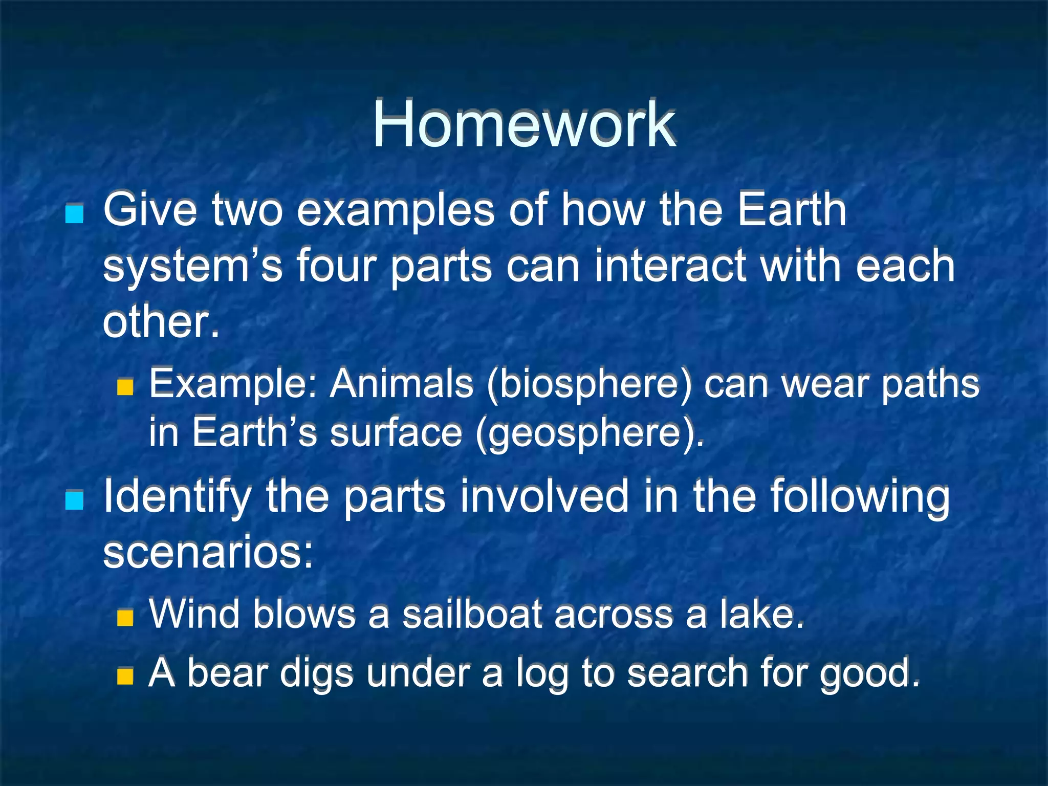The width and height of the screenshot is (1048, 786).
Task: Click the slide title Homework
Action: pyautogui.click(x=524, y=124)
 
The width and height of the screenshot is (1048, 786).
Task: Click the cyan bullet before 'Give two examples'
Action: pyautogui.click(x=75, y=213)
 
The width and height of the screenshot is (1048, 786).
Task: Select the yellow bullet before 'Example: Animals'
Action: pyautogui.click(x=125, y=387)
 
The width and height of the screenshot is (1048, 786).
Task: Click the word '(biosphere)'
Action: pyautogui.click(x=589, y=385)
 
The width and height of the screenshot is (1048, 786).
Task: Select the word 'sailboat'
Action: pyautogui.click(x=471, y=615)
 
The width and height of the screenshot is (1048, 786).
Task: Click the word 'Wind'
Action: pyautogui.click(x=194, y=615)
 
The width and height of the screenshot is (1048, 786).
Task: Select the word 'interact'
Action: pyautogui.click(x=671, y=266)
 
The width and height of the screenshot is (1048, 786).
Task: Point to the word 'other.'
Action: pyautogui.click(x=161, y=322)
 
